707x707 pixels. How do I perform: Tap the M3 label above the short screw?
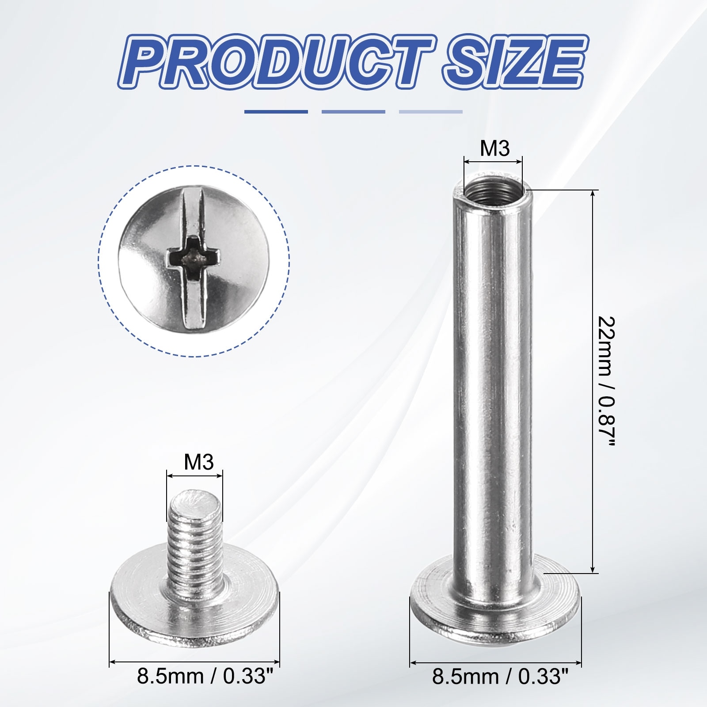coord(198,463)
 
